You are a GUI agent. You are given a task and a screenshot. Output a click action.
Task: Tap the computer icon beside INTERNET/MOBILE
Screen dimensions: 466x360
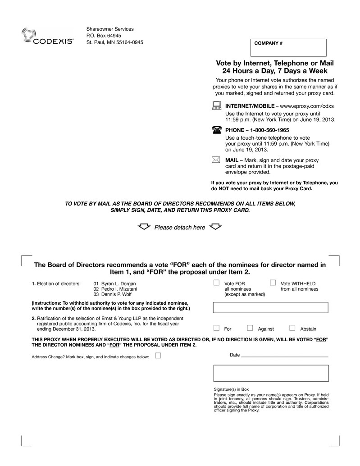tap(216, 106)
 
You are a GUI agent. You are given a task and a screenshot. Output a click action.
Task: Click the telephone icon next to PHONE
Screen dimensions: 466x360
tap(216, 130)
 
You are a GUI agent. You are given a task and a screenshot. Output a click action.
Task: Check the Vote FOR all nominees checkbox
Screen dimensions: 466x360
tap(216, 283)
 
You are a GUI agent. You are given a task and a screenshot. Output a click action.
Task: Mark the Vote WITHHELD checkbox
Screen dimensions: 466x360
tap(273, 283)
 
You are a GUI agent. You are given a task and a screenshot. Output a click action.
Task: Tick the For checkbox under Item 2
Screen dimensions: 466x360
tap(216, 328)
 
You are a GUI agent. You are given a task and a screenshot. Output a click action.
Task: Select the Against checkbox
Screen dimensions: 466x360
tap(250, 328)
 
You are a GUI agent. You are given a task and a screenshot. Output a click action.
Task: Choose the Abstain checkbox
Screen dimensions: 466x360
tap(292, 328)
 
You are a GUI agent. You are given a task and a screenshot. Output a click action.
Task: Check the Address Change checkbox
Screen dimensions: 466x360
tap(158, 356)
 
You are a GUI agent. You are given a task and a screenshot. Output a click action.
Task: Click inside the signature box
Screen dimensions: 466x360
tap(270, 373)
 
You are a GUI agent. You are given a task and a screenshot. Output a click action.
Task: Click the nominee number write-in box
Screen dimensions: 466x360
tap(270, 307)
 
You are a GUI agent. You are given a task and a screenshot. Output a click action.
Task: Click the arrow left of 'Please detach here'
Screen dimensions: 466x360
tap(144, 227)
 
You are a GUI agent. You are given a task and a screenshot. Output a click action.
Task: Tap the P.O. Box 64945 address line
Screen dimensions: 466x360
tap(104, 36)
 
